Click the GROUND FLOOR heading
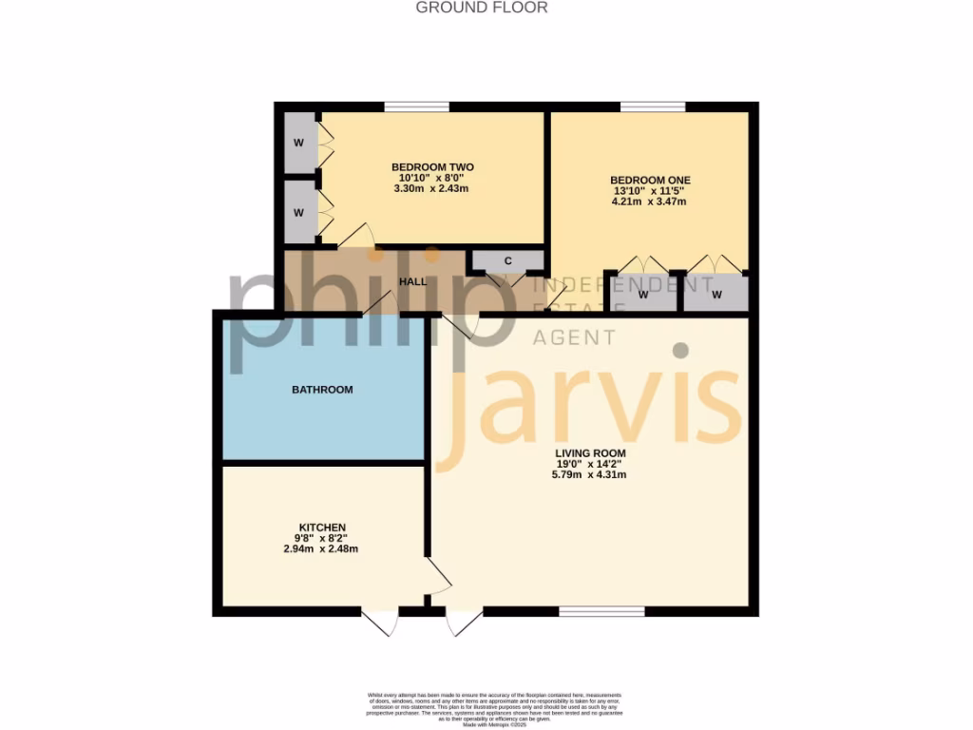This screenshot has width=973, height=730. (x=482, y=8)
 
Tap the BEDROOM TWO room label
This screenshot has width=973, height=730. (x=432, y=167)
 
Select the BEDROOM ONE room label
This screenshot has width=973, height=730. (x=650, y=180)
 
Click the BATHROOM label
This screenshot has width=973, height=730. (x=322, y=390)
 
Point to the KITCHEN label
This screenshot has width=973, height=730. (x=322, y=528)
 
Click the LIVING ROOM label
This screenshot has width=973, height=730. (x=591, y=452)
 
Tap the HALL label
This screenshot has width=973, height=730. (x=413, y=282)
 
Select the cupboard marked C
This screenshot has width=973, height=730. (x=507, y=260)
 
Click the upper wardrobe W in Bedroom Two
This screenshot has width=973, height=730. (x=298, y=144)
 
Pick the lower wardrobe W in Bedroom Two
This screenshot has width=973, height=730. (x=298, y=213)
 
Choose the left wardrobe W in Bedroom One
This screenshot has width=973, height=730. (x=643, y=295)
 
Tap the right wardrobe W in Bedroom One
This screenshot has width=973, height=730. (x=716, y=295)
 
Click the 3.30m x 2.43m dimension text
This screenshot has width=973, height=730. (x=431, y=188)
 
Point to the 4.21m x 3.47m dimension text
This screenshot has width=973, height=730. (x=649, y=202)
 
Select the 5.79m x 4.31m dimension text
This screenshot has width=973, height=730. (x=591, y=474)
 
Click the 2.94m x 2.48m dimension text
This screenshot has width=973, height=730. (x=322, y=548)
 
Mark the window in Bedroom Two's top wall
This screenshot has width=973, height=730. (x=416, y=106)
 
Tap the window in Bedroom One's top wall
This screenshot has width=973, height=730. (x=653, y=106)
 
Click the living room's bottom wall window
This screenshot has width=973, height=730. (x=589, y=610)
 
